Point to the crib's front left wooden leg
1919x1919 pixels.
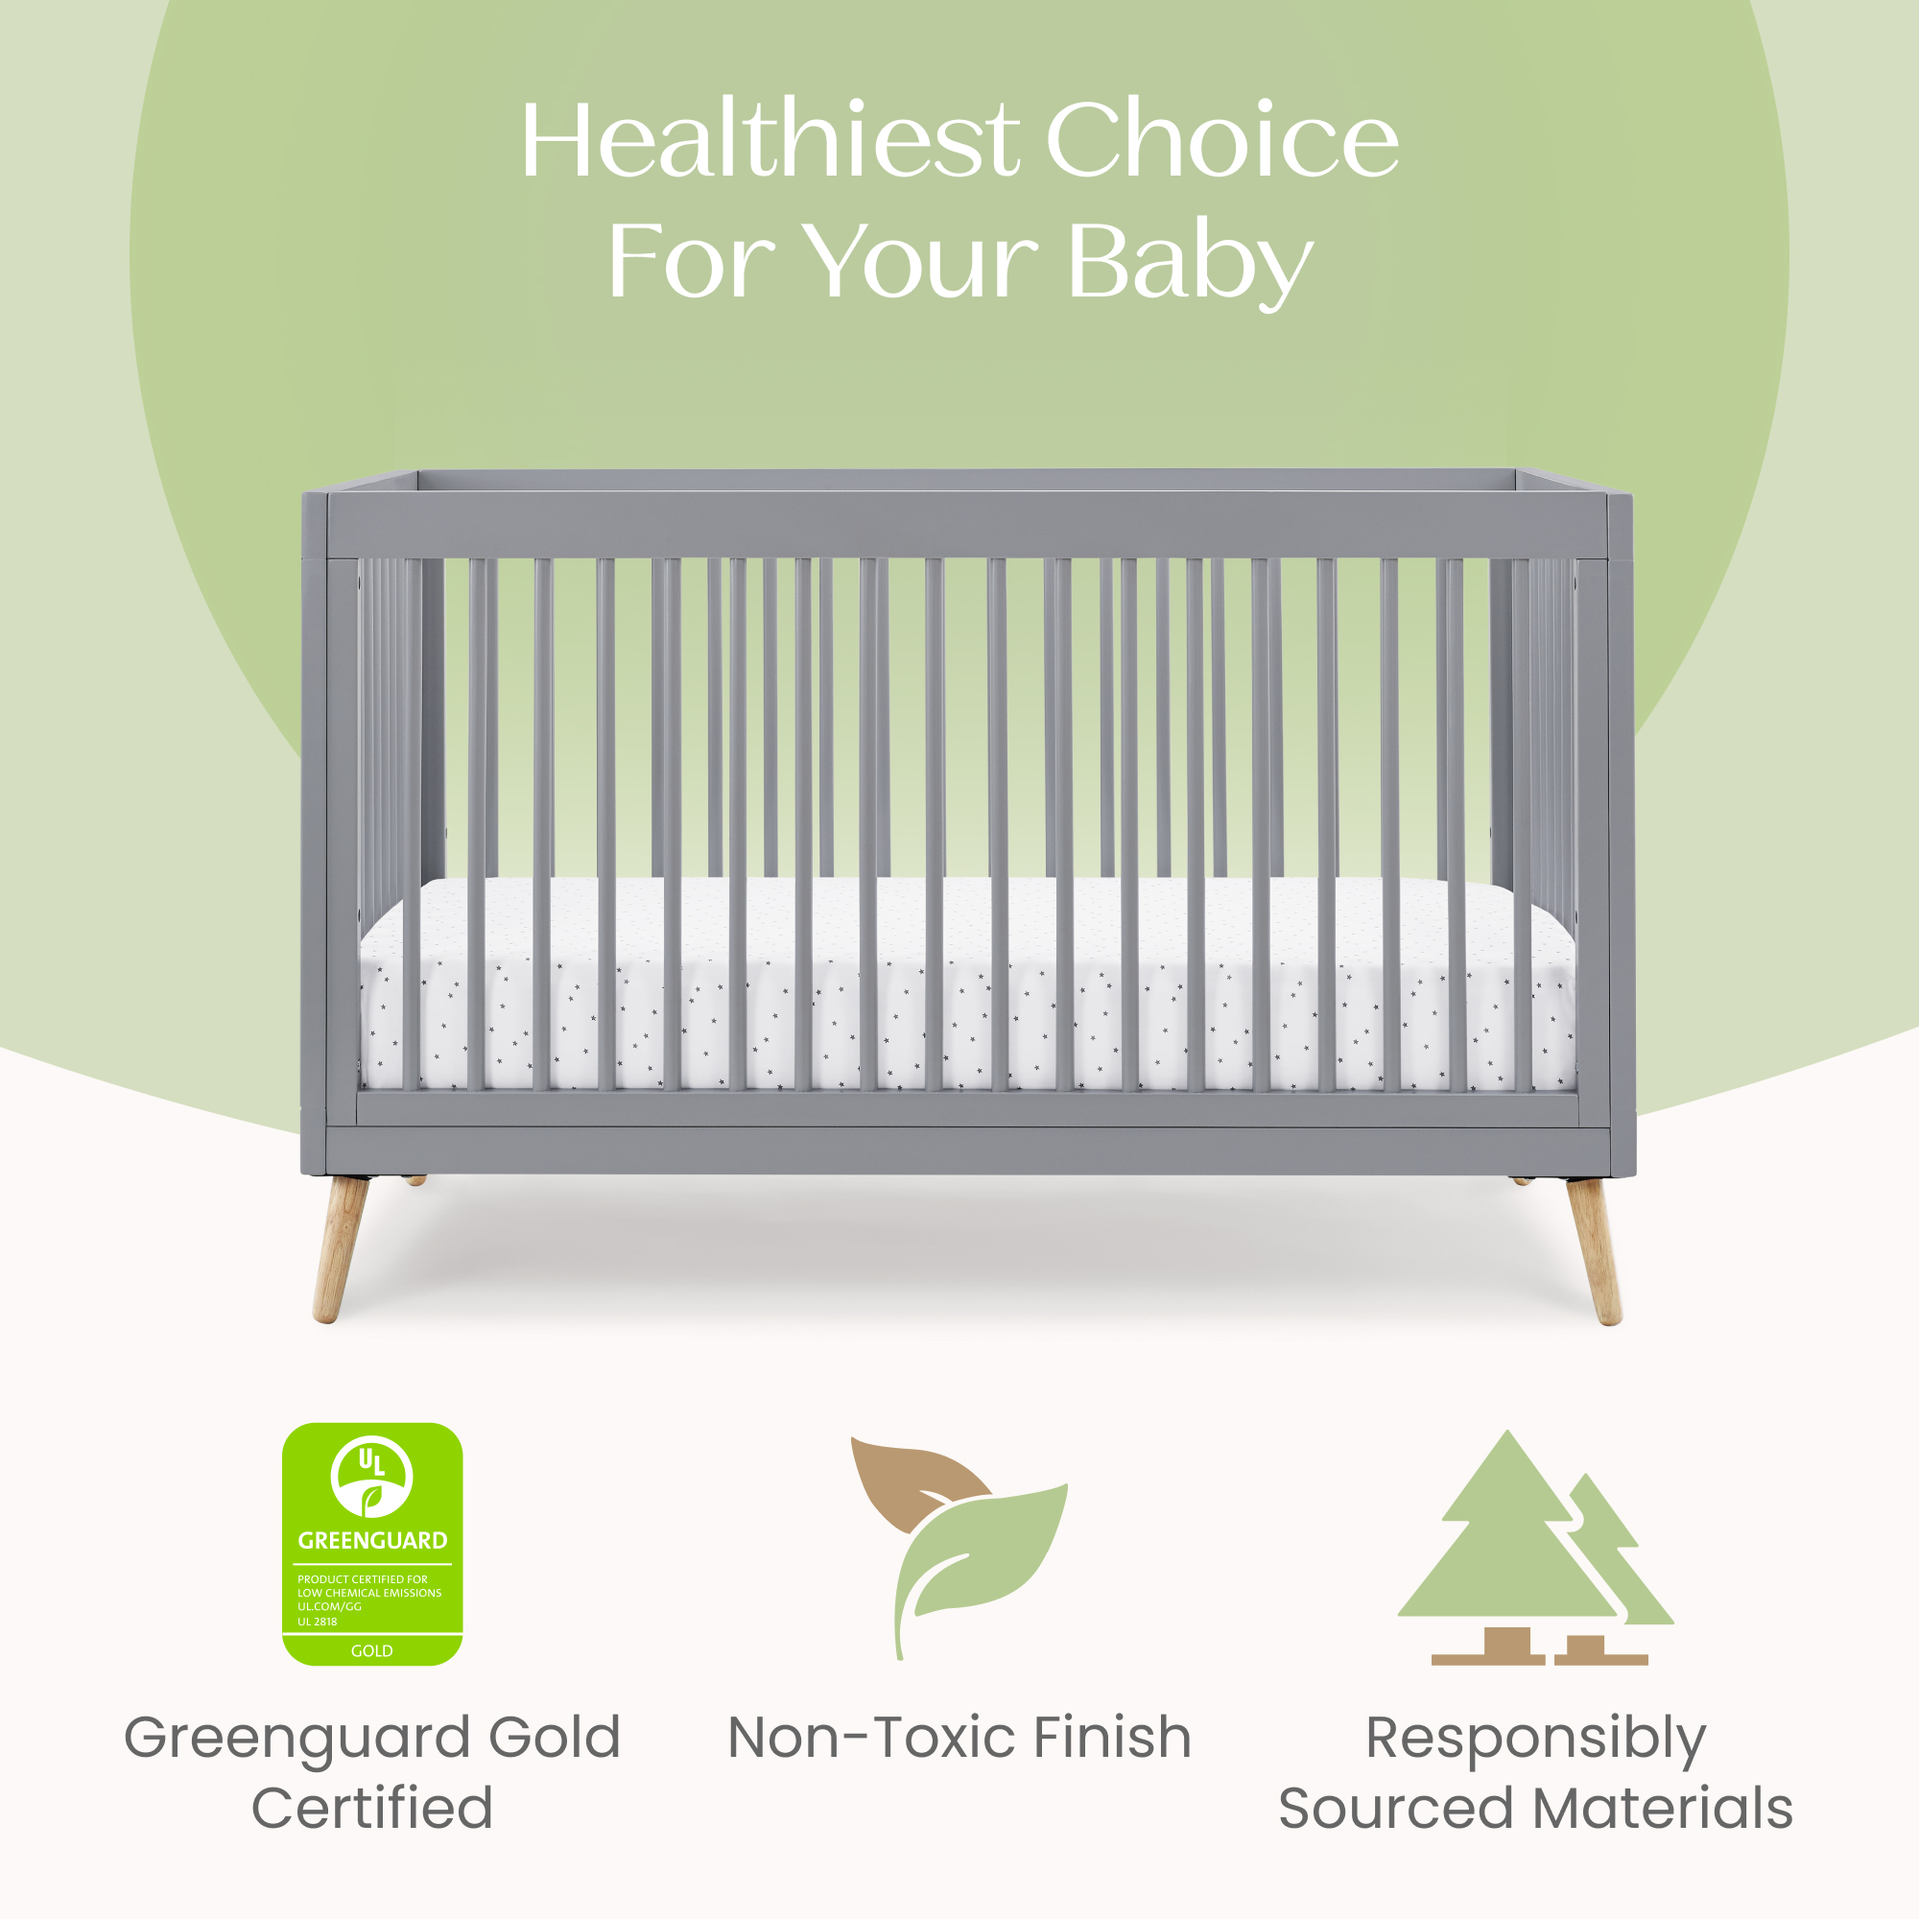(x=341, y=1248)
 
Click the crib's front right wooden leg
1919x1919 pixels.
(x=1593, y=1250)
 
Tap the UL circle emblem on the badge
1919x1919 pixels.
(x=371, y=1475)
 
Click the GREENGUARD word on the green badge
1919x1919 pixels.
(x=372, y=1541)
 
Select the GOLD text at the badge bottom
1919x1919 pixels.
(x=371, y=1650)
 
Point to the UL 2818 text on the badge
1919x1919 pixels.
(x=317, y=1621)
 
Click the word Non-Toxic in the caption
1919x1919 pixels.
(x=870, y=1738)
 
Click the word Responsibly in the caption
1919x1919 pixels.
(x=1535, y=1741)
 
